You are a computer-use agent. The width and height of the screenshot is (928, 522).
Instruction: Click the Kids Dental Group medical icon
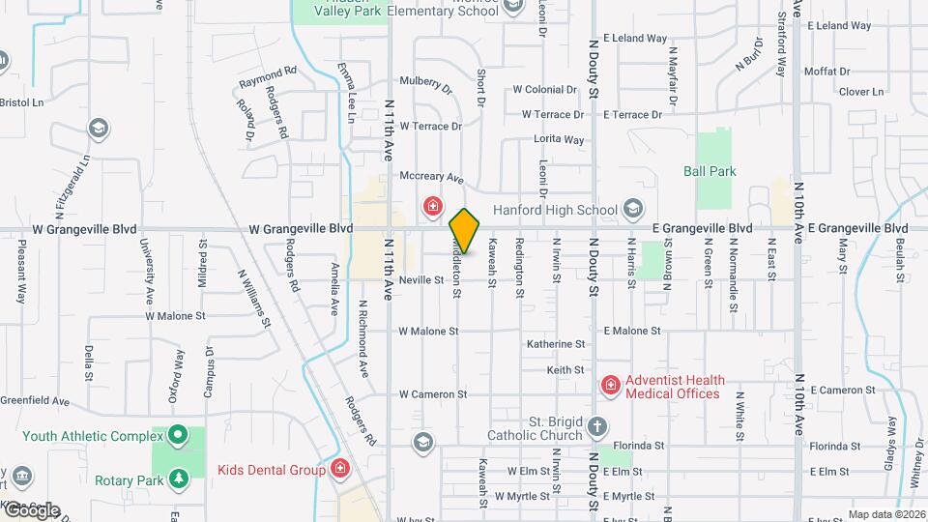coord(339,470)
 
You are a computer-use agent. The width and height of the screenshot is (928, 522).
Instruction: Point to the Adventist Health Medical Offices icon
coord(610,387)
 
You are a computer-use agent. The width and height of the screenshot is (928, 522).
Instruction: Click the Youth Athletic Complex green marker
coord(178,436)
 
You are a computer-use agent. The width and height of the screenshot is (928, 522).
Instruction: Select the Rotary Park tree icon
coord(178,478)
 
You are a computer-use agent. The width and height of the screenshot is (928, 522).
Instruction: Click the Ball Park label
coord(710,171)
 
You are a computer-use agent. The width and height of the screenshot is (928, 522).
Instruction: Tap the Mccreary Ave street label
coord(432,178)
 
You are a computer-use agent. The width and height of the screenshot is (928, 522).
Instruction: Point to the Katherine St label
coord(556,343)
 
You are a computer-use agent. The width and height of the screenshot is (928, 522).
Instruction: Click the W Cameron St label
coord(433,394)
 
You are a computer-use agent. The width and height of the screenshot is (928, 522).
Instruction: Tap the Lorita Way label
coord(559,139)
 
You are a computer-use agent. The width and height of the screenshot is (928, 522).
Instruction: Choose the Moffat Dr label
coord(826,72)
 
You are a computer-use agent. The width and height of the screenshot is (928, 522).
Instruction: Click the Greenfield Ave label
coord(35,400)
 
